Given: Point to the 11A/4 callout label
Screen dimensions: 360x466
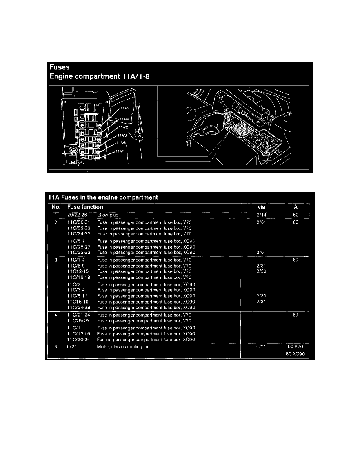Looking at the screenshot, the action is click(125, 118).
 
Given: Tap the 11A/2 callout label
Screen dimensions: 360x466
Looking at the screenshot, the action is click(123, 127).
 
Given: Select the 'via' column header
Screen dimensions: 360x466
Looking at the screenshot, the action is click(261, 207).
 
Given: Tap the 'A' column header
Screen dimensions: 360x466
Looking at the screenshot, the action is click(296, 207).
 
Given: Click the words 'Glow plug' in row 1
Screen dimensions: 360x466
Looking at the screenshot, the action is click(108, 215).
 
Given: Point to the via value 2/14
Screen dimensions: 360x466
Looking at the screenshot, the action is click(260, 215).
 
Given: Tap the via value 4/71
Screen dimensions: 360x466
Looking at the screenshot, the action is click(260, 347).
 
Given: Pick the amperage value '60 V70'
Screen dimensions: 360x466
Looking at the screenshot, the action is click(296, 347).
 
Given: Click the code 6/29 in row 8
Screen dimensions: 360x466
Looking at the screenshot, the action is click(73, 347).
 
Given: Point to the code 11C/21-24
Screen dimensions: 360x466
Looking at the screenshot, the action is click(79, 315).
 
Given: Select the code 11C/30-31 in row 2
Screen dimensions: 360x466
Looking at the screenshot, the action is click(79, 222).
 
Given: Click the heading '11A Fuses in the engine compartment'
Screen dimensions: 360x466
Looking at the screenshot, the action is click(103, 197).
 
